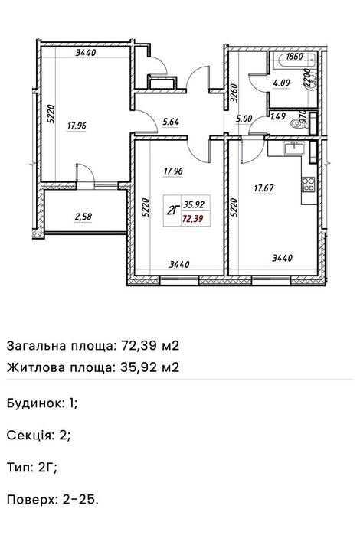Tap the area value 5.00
[244, 119]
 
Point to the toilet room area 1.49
[278, 116]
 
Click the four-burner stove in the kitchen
[308, 184]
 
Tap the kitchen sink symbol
[294, 150]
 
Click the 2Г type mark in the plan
[172, 212]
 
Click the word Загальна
[34, 345]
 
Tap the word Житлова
[33, 367]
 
